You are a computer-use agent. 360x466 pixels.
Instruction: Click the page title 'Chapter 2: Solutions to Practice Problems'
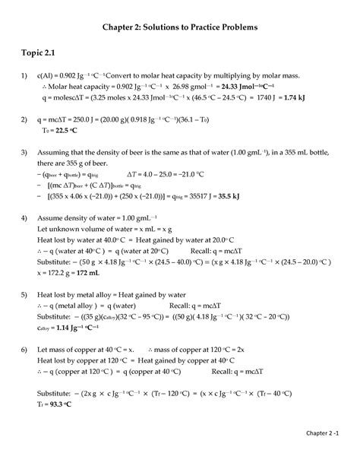tap(180, 27)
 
